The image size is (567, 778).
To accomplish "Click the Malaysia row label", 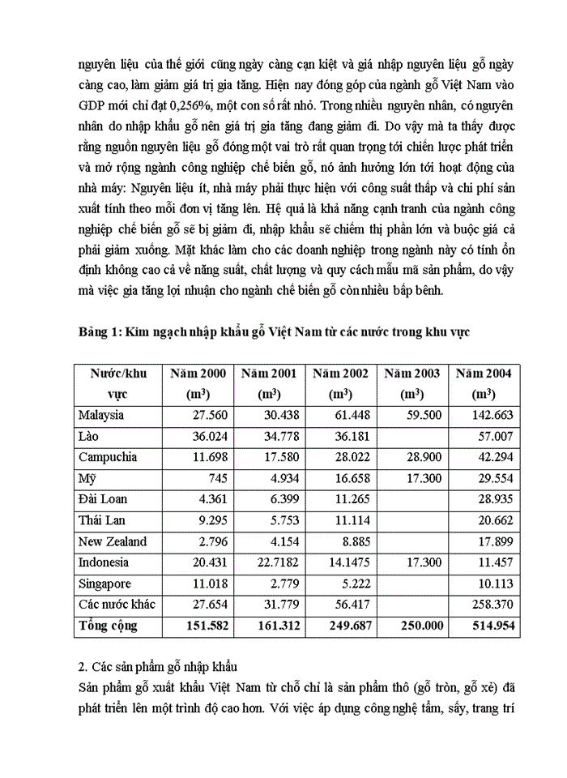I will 101,415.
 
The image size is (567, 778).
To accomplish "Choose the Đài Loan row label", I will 103,499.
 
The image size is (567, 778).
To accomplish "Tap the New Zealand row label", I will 113,541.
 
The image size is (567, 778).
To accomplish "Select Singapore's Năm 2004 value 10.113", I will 495,583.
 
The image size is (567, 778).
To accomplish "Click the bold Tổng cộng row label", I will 108,626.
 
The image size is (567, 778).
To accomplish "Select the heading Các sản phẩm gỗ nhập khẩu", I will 163,667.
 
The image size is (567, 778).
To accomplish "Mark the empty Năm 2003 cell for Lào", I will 412,436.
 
